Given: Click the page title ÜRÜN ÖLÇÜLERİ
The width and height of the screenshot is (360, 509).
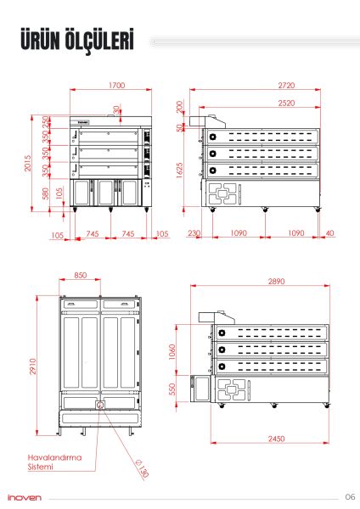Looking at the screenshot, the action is (x=77, y=40).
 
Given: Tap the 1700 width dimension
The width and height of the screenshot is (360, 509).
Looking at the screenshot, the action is (x=117, y=86).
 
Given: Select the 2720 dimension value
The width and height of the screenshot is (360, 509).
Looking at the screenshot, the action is (x=286, y=86).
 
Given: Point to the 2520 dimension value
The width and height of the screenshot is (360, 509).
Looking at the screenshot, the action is (x=286, y=103).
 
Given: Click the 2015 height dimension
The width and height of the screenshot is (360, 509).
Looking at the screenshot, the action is (x=28, y=163).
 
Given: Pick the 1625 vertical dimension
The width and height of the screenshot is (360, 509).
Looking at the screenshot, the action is (x=180, y=171).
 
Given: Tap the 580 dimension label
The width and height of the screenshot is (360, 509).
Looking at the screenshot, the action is (x=46, y=193).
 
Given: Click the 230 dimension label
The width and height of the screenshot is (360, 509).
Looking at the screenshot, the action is (x=194, y=233).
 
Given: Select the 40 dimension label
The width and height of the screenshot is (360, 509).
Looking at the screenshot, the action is (x=329, y=233).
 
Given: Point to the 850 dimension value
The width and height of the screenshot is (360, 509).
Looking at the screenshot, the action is (x=81, y=275).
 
